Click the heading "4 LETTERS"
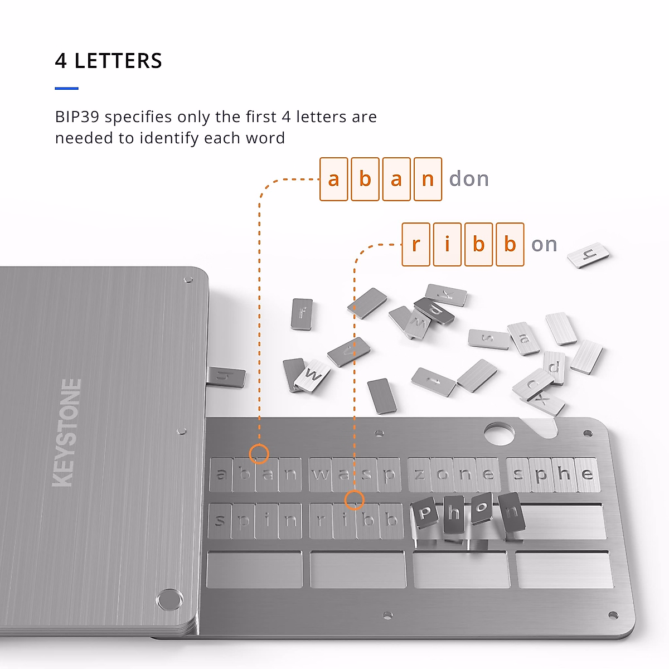click(x=109, y=61)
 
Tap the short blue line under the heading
click(x=67, y=88)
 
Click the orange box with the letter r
click(x=416, y=244)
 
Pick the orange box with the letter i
click(x=447, y=244)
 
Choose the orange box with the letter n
click(x=428, y=180)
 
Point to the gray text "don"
click(x=469, y=180)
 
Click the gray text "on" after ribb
click(x=544, y=244)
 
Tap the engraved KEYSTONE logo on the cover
click(x=67, y=432)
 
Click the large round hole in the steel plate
click(x=499, y=433)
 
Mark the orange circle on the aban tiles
click(x=259, y=454)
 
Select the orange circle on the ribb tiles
click(x=354, y=500)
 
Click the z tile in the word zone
click(x=420, y=474)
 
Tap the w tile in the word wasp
click(x=321, y=474)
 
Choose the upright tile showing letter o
click(x=481, y=508)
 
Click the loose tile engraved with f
click(x=302, y=314)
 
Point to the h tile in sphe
click(x=564, y=474)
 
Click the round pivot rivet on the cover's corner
click(x=169, y=599)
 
